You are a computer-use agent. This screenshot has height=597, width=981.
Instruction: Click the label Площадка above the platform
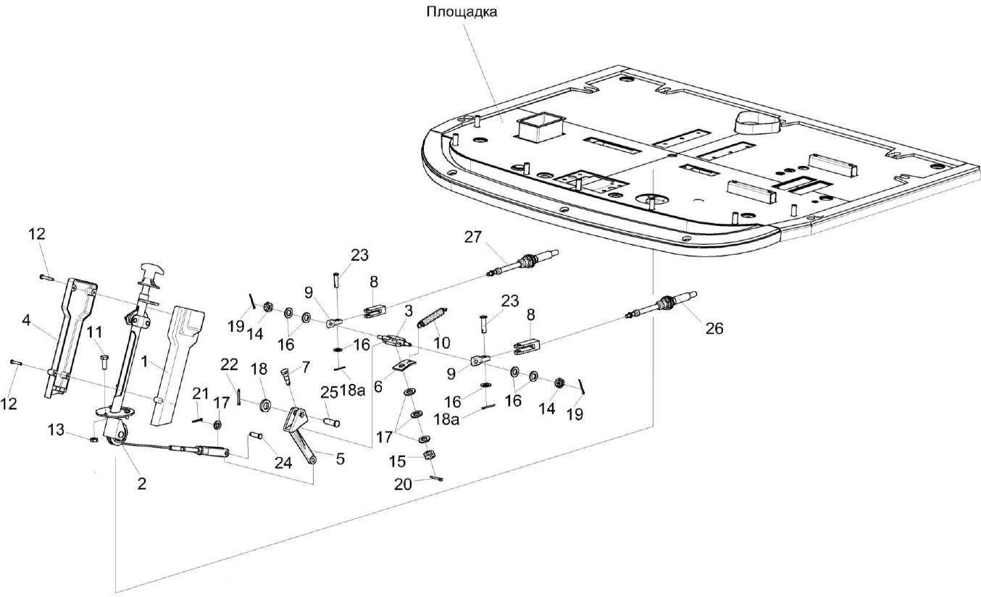462,12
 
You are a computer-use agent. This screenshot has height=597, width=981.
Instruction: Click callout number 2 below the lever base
142,483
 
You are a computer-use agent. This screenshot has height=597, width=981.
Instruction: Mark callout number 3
409,311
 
